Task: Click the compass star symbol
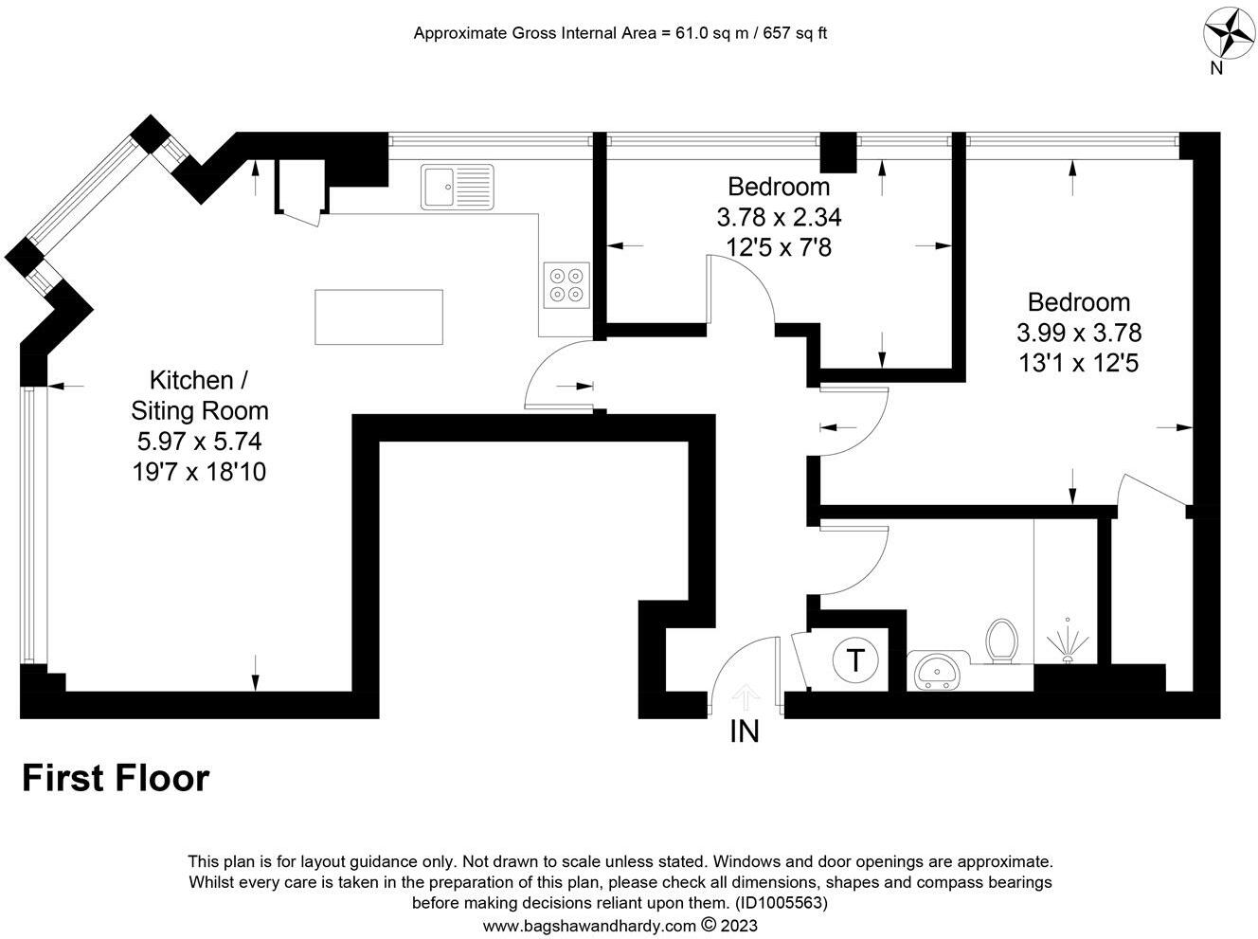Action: pyautogui.click(x=1228, y=32)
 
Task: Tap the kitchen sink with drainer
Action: pyautogui.click(x=458, y=187)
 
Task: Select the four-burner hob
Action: pyautogui.click(x=566, y=285)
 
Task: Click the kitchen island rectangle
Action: pyautogui.click(x=379, y=317)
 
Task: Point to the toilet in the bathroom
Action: pyautogui.click(x=1001, y=641)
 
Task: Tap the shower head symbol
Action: pyautogui.click(x=1068, y=641)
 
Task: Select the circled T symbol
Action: pyautogui.click(x=855, y=660)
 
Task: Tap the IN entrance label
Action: pyautogui.click(x=745, y=731)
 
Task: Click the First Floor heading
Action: pyautogui.click(x=116, y=779)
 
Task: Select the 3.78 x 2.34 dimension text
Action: pyautogui.click(x=779, y=217)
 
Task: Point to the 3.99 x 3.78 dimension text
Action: pyautogui.click(x=1079, y=334)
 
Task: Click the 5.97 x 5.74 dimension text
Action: pyautogui.click(x=200, y=442)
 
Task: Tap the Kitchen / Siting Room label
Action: pyautogui.click(x=200, y=395)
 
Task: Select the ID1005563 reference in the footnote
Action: pyautogui.click(x=782, y=903)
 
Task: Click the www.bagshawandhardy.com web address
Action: pyautogui.click(x=589, y=926)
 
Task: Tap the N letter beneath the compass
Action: pyautogui.click(x=1216, y=68)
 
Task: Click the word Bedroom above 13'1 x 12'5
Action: pyautogui.click(x=1079, y=302)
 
